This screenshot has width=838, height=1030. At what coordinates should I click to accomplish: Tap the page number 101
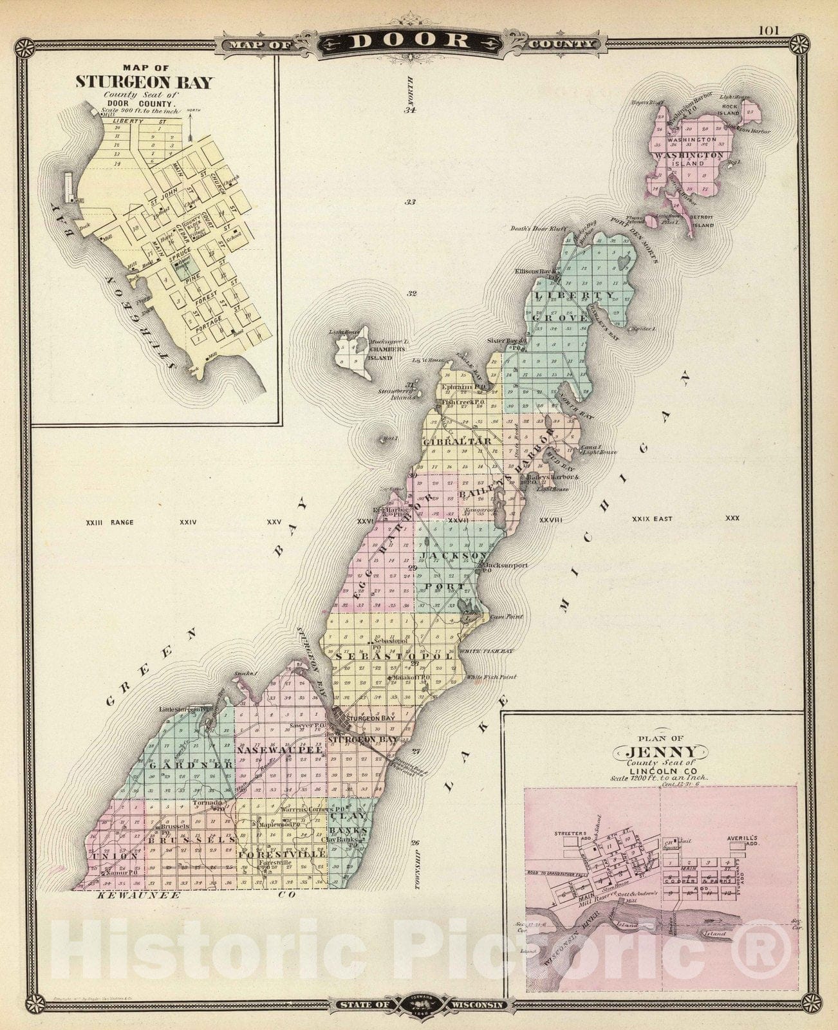pyautogui.click(x=768, y=30)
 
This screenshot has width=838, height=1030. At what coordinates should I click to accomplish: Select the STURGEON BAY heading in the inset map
pyautogui.click(x=144, y=82)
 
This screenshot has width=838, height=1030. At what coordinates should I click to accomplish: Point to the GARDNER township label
pyautogui.click(x=191, y=765)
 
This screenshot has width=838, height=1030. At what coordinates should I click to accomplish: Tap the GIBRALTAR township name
pyautogui.click(x=457, y=442)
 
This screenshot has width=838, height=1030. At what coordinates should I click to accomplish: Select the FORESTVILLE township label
pyautogui.click(x=282, y=854)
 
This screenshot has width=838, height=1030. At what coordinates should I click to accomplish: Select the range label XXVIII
pyautogui.click(x=551, y=519)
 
